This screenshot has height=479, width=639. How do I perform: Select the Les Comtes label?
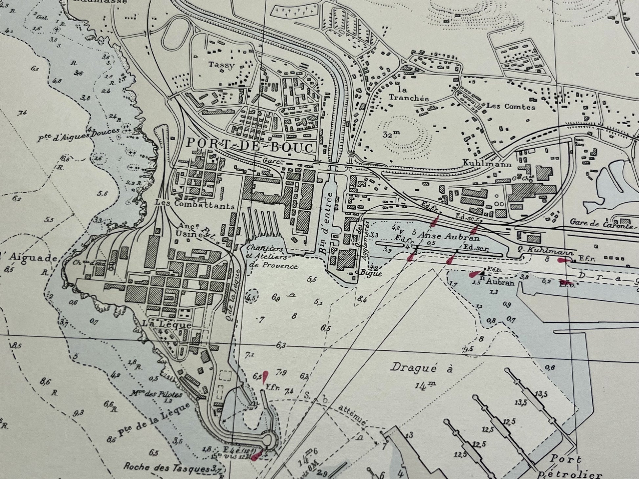point(510,107)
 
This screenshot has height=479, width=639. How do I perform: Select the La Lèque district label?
point(167,324)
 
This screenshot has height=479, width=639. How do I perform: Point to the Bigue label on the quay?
point(371,273)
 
